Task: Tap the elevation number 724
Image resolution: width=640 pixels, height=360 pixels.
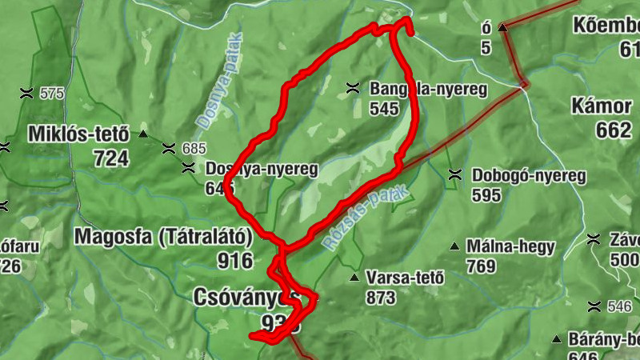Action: click(110, 158)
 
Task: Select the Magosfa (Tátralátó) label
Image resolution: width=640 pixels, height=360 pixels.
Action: click(163, 236)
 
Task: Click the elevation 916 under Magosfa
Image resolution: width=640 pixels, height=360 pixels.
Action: click(234, 260)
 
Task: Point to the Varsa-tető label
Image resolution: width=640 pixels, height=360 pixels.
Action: click(404, 278)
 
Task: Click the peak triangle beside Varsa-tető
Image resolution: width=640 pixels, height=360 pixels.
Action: click(354, 278)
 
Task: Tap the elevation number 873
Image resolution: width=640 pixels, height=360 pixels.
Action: click(380, 298)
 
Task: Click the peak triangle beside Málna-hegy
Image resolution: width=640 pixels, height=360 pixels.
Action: click(455, 246)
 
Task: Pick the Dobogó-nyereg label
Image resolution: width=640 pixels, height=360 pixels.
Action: click(529, 175)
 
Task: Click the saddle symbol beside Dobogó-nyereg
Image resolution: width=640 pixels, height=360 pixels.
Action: click(455, 174)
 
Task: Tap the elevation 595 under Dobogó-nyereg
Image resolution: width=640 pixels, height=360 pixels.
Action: click(486, 194)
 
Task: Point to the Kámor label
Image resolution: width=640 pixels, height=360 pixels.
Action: click(602, 106)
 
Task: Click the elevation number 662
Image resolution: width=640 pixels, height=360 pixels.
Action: click(614, 130)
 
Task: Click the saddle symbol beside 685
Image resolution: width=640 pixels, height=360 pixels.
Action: click(168, 148)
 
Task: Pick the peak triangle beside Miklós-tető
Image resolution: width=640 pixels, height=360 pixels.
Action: click(143, 134)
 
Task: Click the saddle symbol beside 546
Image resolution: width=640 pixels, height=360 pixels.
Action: click(594, 306)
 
